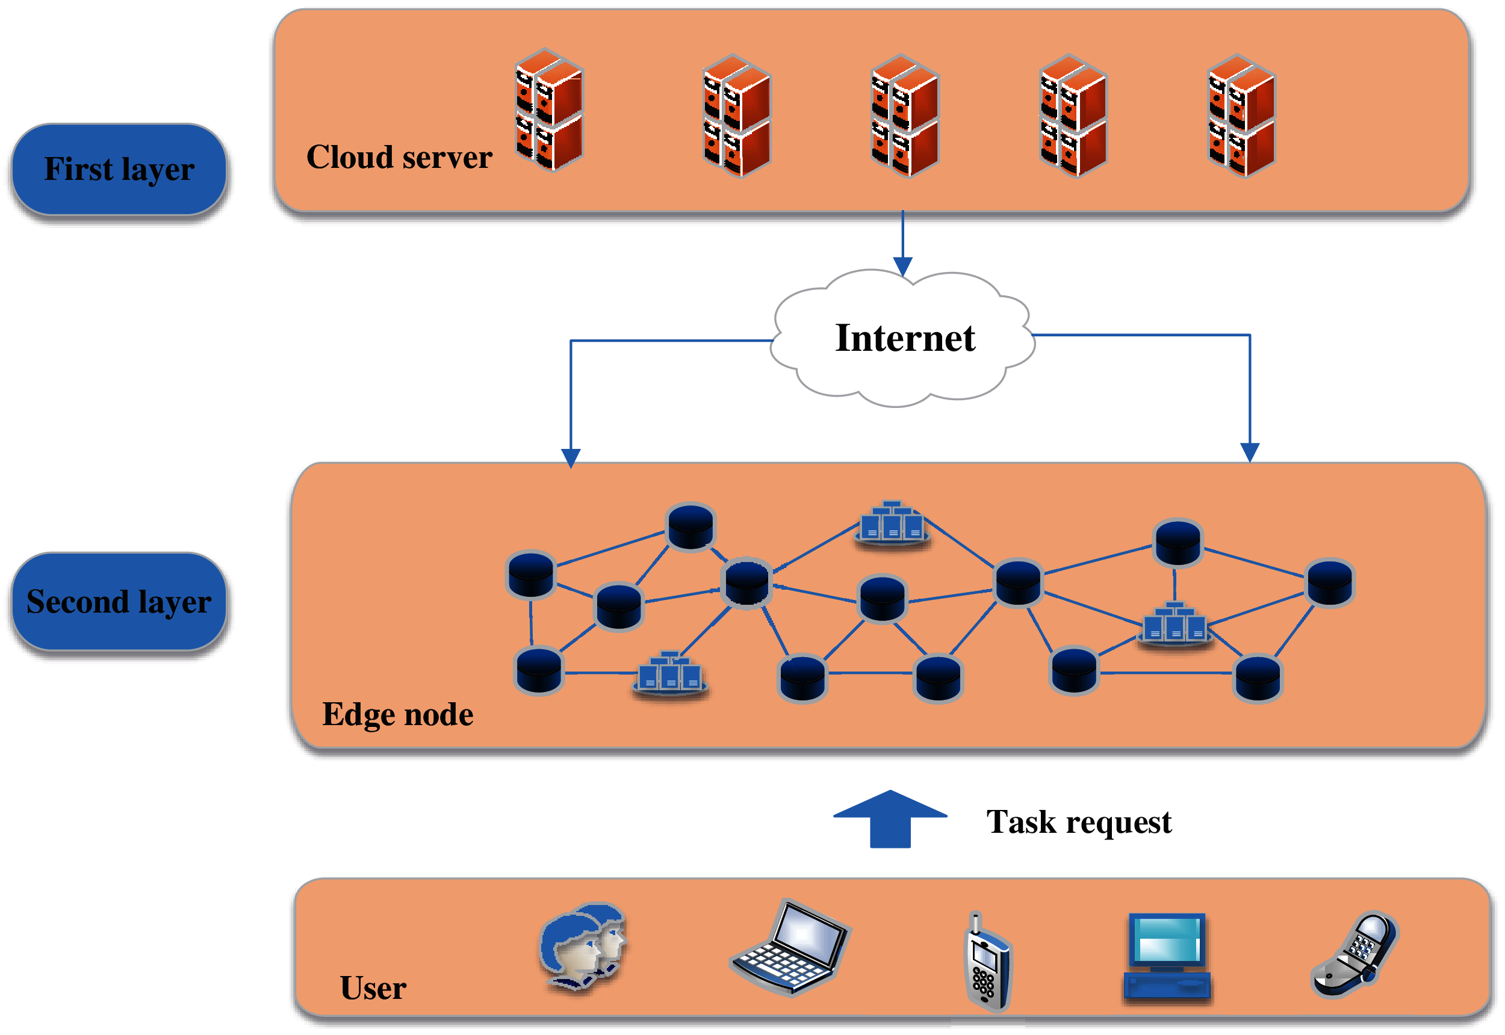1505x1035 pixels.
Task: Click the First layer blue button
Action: tap(119, 169)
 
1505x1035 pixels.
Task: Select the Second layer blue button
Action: tap(119, 602)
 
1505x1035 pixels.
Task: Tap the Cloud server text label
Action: tap(399, 158)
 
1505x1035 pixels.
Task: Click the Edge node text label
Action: tap(398, 715)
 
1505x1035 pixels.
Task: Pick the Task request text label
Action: tap(1079, 823)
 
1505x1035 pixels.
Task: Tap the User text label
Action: tap(373, 988)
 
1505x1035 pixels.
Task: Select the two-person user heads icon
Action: tap(583, 946)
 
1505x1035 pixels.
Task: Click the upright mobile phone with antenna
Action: tap(987, 963)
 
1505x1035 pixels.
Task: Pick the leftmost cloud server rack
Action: tap(549, 110)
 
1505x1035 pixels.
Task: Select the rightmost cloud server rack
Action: tap(1241, 116)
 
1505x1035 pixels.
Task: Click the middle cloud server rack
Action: tap(904, 116)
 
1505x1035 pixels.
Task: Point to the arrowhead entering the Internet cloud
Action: tap(903, 267)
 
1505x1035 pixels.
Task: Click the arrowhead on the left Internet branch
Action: tap(571, 458)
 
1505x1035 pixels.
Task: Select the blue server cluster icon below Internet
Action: tap(893, 523)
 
